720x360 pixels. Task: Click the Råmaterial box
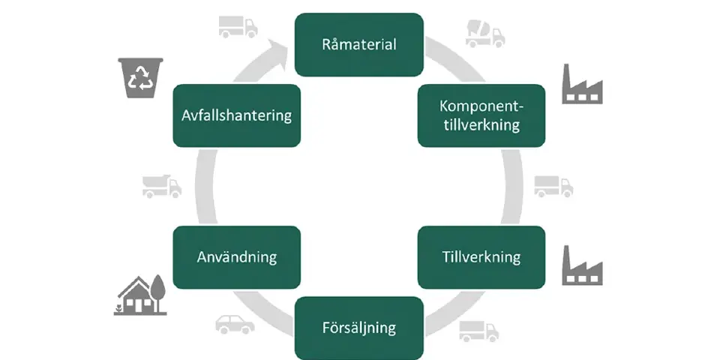coord(358,44)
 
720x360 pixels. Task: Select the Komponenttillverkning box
coord(481,115)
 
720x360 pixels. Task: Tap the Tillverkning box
coord(481,257)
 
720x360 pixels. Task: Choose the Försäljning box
coord(358,328)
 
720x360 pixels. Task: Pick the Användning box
coord(236,257)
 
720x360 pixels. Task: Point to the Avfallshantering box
coord(236,115)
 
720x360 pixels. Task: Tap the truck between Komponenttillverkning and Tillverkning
coord(553,186)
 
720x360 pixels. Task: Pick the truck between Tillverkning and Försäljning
coord(478,331)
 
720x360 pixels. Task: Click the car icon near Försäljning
coord(235,323)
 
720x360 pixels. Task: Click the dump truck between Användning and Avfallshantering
coord(161,186)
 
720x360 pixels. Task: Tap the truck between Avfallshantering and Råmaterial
coord(238,26)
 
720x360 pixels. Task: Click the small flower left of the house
coord(118,307)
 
